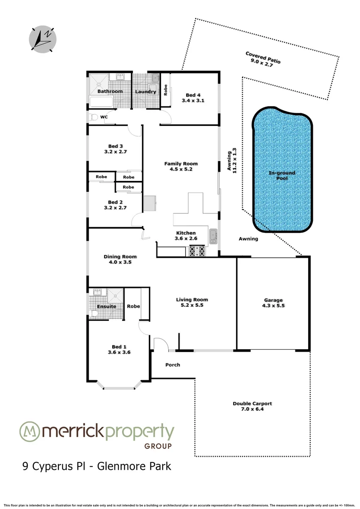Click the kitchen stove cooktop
[197, 251]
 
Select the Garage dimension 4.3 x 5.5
[273, 306]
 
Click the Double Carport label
[253, 403]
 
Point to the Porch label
[172, 365]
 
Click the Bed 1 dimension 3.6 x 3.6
[119, 352]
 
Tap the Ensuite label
[106, 306]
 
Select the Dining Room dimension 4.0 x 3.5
[120, 263]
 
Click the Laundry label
[146, 91]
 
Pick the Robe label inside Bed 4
[165, 89]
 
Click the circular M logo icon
[29, 432]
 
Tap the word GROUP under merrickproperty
[157, 446]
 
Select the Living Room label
[192, 299]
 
